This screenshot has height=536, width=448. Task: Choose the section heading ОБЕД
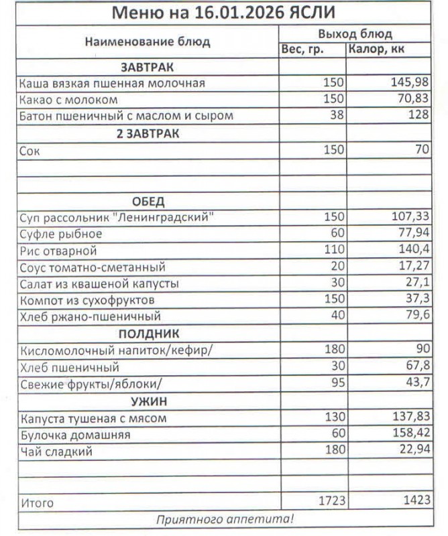[x=148, y=202]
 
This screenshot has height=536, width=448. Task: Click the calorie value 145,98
[x=410, y=83]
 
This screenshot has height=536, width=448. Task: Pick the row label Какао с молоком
[x=69, y=100]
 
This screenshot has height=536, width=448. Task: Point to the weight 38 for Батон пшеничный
[x=337, y=116]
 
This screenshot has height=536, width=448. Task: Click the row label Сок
[x=30, y=151]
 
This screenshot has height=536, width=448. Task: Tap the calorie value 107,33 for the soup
[x=410, y=218]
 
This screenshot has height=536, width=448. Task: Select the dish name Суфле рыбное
[x=61, y=234]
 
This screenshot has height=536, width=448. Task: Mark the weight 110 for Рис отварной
[x=333, y=251]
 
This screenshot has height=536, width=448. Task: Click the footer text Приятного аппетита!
[x=225, y=519]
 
